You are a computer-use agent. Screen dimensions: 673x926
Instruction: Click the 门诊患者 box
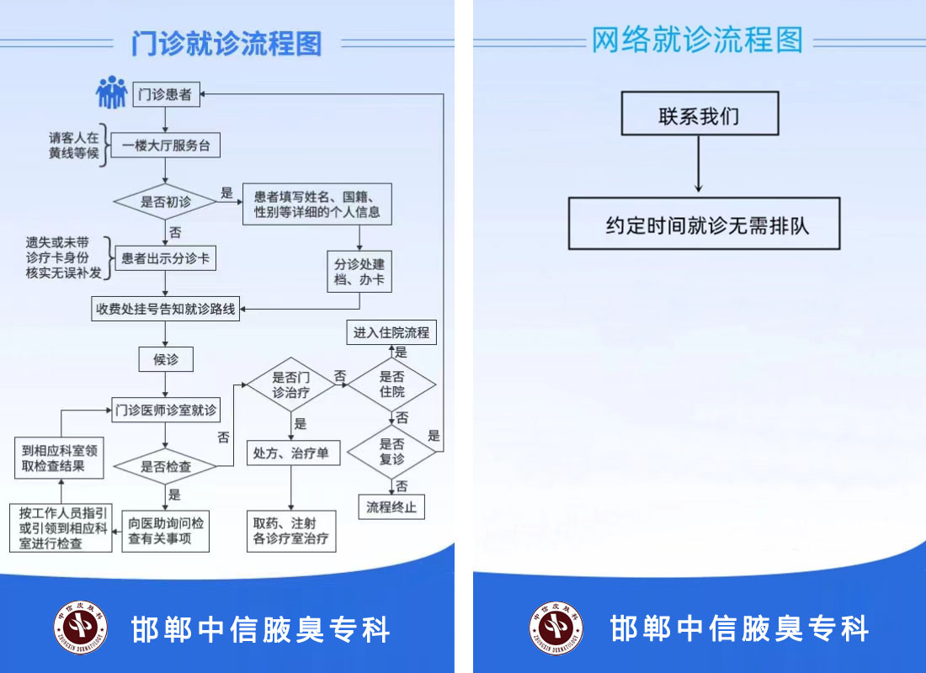[165, 94]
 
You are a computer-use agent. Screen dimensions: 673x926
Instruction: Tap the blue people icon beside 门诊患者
[111, 93]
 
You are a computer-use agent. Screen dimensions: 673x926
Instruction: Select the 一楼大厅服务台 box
[165, 146]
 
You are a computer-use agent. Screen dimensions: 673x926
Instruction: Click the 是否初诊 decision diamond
[165, 201]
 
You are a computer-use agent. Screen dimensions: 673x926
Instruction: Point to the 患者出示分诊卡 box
[165, 258]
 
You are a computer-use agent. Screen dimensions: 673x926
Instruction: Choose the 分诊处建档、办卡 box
[359, 271]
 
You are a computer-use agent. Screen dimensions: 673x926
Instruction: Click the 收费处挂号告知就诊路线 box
[165, 309]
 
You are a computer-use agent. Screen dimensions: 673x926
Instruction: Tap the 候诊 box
[165, 359]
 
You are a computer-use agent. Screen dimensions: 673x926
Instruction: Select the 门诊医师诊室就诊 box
[165, 411]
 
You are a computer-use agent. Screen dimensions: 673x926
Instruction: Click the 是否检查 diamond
[165, 466]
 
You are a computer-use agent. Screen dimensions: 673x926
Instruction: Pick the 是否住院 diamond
[391, 384]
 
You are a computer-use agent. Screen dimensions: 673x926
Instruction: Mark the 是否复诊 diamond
[391, 452]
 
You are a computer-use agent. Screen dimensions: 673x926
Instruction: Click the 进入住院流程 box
[391, 332]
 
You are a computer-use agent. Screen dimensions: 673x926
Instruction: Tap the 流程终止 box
[391, 507]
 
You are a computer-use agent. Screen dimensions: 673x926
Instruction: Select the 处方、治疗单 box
[291, 453]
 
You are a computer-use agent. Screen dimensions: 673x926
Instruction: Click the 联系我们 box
[700, 114]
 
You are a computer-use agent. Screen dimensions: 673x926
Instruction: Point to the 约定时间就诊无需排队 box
[704, 224]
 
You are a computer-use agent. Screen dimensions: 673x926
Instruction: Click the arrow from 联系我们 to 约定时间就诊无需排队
[699, 165]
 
